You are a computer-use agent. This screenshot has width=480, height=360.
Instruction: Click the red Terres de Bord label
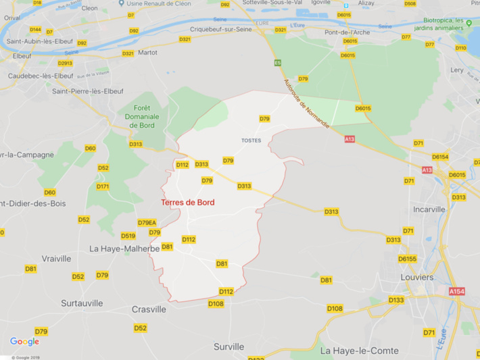(188, 202)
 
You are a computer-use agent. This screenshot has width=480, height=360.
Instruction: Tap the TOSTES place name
(251, 140)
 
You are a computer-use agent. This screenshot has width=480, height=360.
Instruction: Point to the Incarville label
(430, 209)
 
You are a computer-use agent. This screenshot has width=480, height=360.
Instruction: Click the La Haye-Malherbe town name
(124, 249)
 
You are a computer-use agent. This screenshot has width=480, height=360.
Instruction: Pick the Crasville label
(149, 309)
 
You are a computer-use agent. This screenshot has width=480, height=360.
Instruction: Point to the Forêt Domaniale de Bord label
(142, 116)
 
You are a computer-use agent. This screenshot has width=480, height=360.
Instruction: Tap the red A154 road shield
(458, 291)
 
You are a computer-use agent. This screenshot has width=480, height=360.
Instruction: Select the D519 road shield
(128, 236)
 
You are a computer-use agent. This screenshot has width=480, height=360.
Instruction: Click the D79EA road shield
(147, 222)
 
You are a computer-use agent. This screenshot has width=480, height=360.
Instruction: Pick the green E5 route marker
(277, 63)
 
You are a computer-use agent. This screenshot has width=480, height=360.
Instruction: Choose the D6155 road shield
(407, 259)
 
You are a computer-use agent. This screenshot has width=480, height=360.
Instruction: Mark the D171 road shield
(103, 186)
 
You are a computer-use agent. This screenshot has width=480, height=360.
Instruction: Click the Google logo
(25, 342)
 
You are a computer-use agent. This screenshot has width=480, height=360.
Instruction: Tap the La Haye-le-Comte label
(359, 351)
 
